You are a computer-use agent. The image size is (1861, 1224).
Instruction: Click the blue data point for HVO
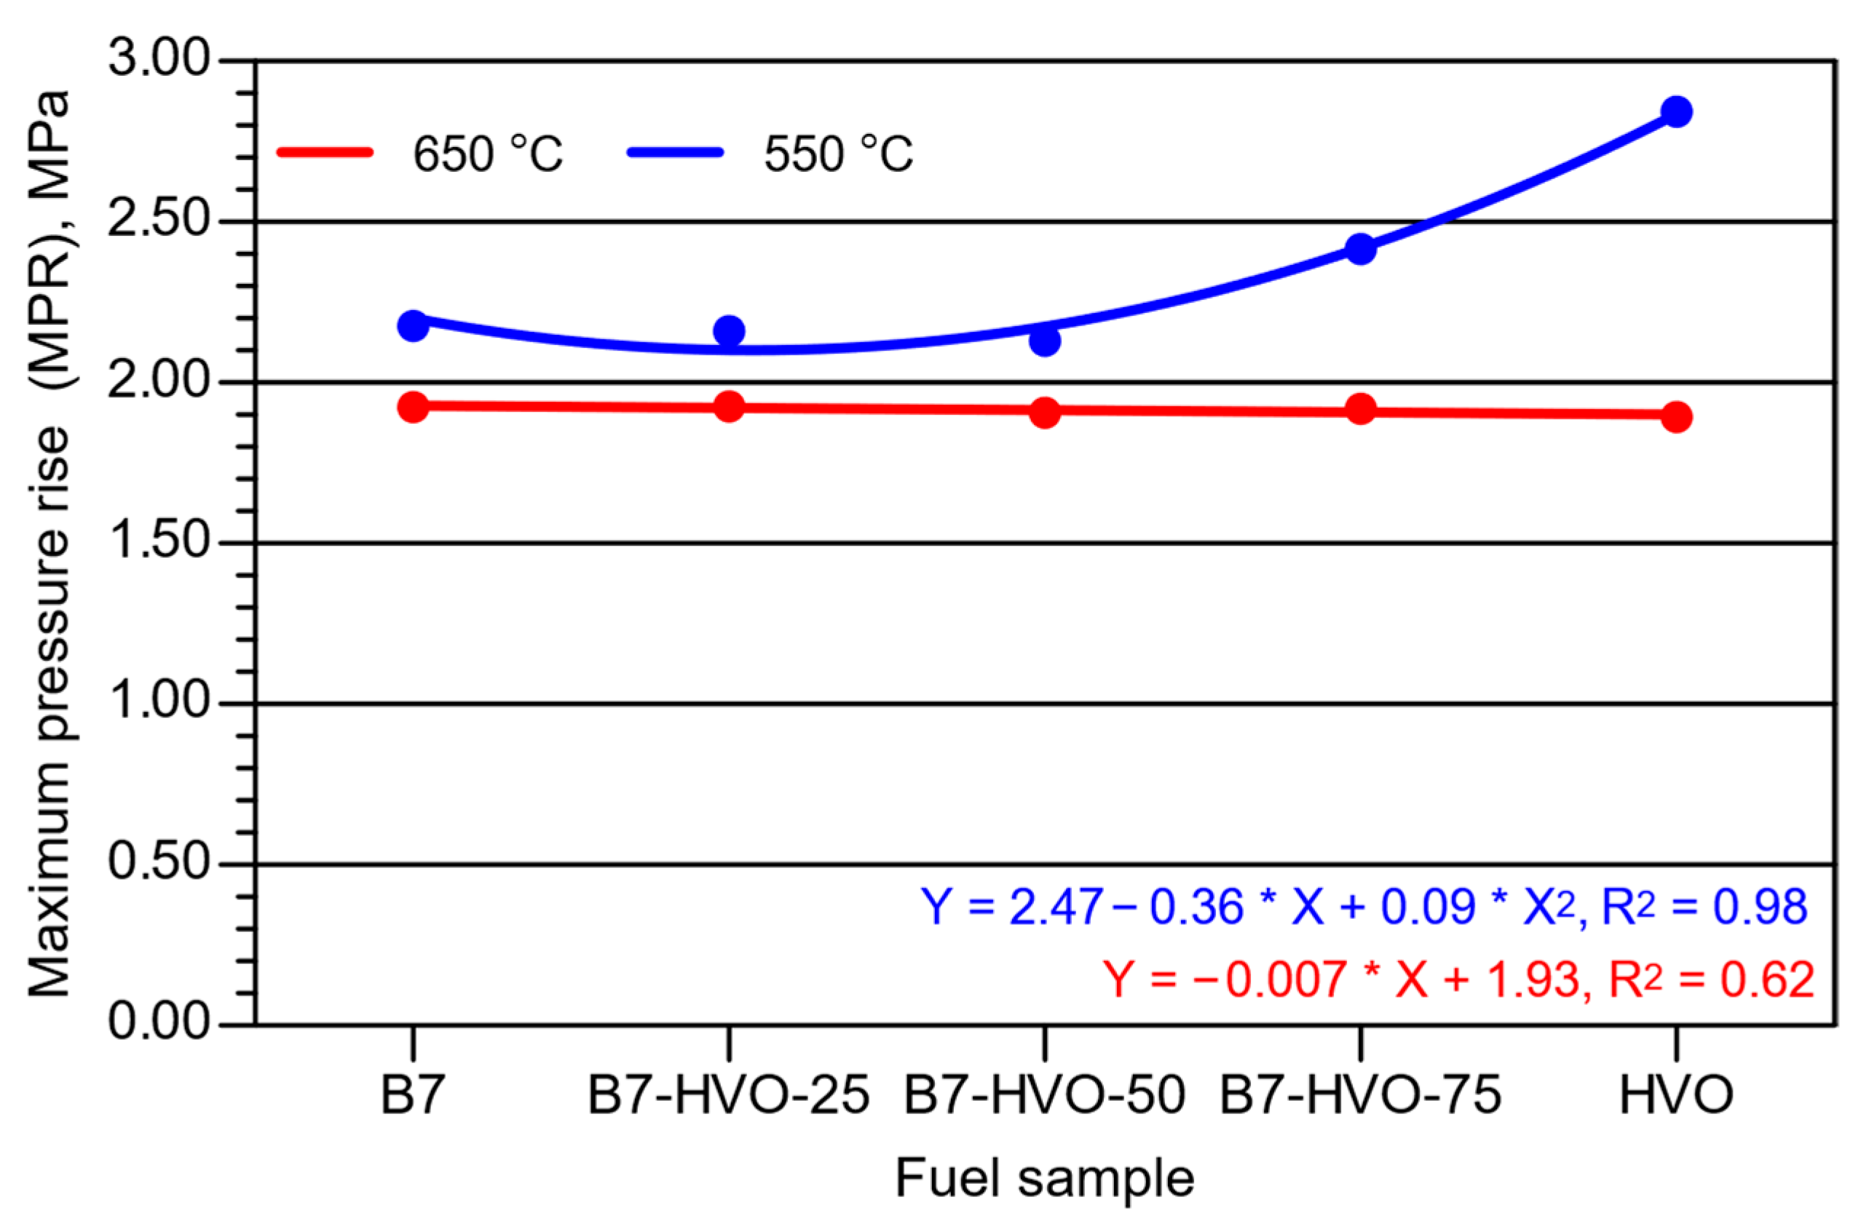[x=1677, y=112]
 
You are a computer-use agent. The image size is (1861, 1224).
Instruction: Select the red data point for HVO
[x=1677, y=416]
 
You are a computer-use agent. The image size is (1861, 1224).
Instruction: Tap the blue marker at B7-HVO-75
[x=1361, y=250]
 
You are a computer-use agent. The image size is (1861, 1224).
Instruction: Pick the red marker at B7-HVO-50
[x=1045, y=413]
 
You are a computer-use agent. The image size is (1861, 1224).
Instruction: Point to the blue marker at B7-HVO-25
[x=729, y=331]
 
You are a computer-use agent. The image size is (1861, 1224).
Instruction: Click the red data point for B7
[x=413, y=407]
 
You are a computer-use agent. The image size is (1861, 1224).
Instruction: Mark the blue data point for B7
[x=413, y=326]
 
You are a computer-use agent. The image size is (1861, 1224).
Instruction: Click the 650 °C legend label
[x=487, y=154]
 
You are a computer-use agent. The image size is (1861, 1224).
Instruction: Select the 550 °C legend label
[x=837, y=154]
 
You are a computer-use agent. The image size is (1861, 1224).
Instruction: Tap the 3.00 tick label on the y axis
[x=159, y=60]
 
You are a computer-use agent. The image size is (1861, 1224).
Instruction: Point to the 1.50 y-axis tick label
[x=159, y=541]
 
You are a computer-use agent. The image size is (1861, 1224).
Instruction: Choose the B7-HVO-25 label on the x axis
[x=729, y=1096]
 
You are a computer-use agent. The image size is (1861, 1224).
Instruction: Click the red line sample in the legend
[x=325, y=152]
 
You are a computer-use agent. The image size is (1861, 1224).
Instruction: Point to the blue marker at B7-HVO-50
[x=1045, y=341]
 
